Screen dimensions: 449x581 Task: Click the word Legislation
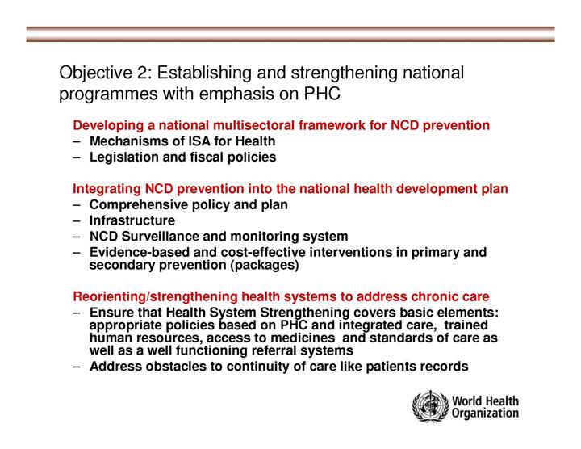(127, 157)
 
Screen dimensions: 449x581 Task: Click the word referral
(274, 350)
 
